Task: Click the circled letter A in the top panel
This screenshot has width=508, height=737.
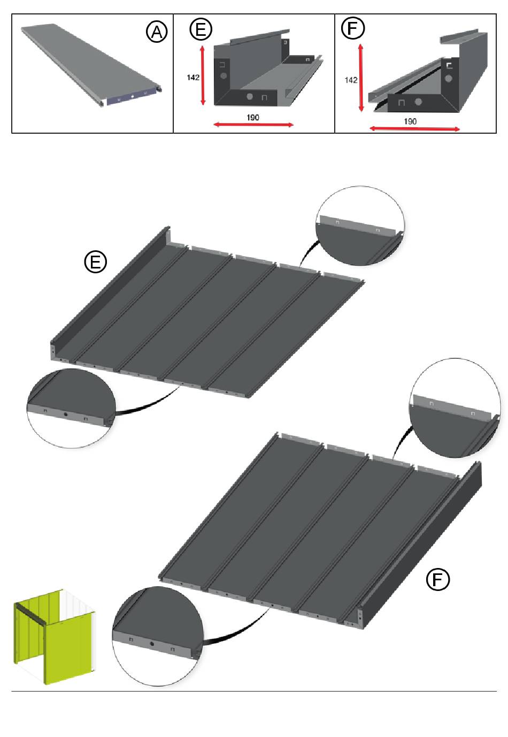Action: (x=157, y=32)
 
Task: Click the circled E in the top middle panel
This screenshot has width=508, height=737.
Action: (x=201, y=29)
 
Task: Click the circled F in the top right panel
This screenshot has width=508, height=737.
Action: (x=352, y=28)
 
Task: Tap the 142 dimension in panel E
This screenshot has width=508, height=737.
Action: (x=193, y=78)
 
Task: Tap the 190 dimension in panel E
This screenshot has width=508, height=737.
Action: (x=253, y=118)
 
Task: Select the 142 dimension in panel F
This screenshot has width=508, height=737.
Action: (x=351, y=80)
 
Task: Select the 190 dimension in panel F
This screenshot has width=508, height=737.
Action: (x=410, y=121)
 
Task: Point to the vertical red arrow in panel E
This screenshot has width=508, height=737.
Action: (x=203, y=75)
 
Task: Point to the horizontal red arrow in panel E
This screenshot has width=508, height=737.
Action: (x=253, y=125)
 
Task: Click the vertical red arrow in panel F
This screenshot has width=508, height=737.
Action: (x=361, y=78)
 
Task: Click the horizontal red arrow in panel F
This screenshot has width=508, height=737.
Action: (x=414, y=129)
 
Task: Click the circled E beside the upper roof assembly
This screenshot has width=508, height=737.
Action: (x=95, y=262)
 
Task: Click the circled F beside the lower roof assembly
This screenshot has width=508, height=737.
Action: (x=437, y=579)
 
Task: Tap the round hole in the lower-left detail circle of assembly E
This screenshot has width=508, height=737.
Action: (x=65, y=414)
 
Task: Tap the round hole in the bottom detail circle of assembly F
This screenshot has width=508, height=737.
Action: (x=152, y=643)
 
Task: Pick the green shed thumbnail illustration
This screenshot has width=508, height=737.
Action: (x=55, y=636)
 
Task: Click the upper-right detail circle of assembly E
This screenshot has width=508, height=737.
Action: (x=360, y=226)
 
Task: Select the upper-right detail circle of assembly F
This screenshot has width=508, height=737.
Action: (x=455, y=408)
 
